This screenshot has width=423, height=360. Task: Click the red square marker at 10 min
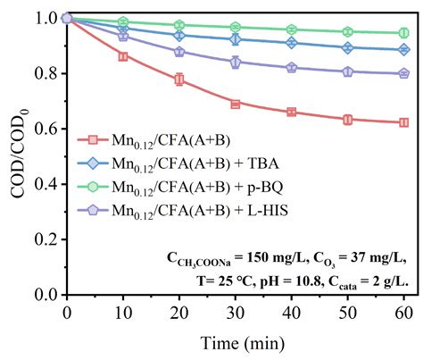(x=123, y=56)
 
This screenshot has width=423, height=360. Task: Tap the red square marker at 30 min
(x=236, y=104)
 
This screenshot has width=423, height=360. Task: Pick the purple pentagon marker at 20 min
(x=179, y=52)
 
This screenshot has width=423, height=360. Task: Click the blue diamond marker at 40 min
(x=293, y=43)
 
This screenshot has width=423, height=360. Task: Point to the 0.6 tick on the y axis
(x=67, y=129)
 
